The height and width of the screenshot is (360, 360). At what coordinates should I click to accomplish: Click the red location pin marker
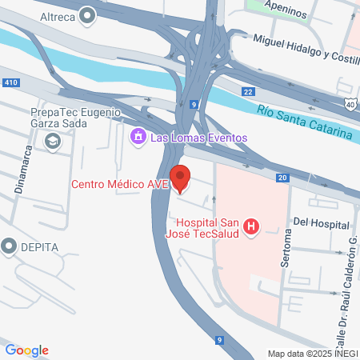click(181, 178)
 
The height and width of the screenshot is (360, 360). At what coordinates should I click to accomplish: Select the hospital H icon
click(252, 227)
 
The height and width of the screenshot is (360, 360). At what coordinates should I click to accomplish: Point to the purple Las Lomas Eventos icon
click(137, 138)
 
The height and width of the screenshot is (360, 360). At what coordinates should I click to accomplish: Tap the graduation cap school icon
click(53, 142)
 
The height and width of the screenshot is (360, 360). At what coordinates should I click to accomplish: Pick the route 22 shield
click(249, 93)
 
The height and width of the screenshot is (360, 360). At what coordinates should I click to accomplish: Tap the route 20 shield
click(282, 178)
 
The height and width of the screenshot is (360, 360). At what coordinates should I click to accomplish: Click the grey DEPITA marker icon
click(10, 246)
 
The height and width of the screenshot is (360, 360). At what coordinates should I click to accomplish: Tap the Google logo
click(26, 350)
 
